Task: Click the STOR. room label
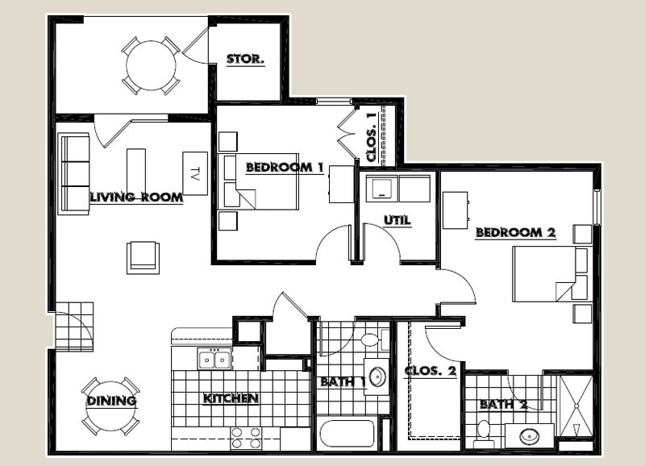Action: [x=245, y=59]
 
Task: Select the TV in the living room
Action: [x=195, y=173]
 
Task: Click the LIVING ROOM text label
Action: [x=135, y=197]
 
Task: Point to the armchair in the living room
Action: [x=143, y=257]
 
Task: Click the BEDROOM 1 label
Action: [x=284, y=167]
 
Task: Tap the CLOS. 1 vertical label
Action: [x=371, y=135]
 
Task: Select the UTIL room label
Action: [x=397, y=219]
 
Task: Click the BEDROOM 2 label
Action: [x=515, y=232]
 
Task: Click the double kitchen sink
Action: [x=215, y=359]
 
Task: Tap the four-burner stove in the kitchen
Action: [x=246, y=438]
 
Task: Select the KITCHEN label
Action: [x=230, y=398]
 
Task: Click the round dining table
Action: [x=110, y=406]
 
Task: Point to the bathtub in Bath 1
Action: [x=347, y=434]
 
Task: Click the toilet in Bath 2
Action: [x=485, y=433]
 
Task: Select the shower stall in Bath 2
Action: [x=576, y=407]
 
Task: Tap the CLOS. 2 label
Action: [x=430, y=372]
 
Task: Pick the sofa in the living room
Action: [x=74, y=173]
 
